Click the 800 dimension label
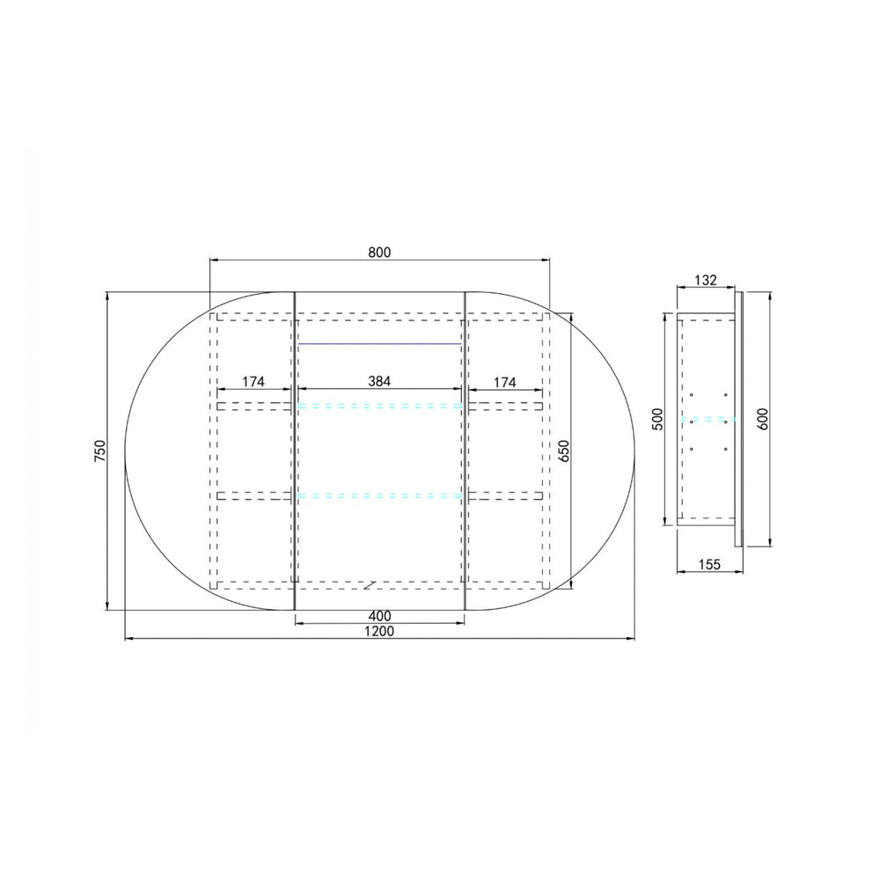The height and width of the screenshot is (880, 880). pyautogui.click(x=379, y=253)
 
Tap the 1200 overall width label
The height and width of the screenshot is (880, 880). pyautogui.click(x=379, y=631)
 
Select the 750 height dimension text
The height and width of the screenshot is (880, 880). pyautogui.click(x=100, y=451)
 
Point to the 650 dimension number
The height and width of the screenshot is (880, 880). pyautogui.click(x=564, y=451)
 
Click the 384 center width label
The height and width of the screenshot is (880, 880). pyautogui.click(x=379, y=382)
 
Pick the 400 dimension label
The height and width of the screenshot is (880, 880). pyautogui.click(x=379, y=616)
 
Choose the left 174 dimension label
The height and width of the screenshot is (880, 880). pyautogui.click(x=253, y=382)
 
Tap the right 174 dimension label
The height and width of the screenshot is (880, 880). pyautogui.click(x=504, y=382)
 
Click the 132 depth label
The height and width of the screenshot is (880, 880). pyautogui.click(x=706, y=280)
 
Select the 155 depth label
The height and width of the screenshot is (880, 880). pyautogui.click(x=709, y=564)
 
